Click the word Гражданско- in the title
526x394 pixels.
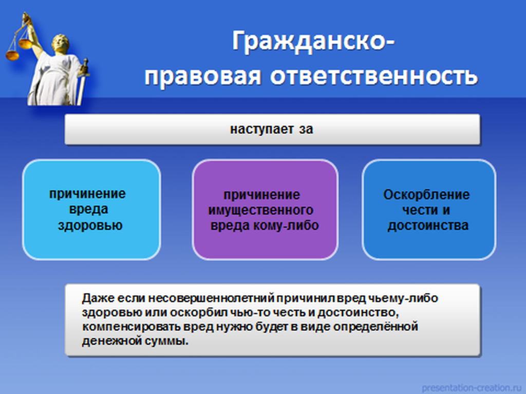313,41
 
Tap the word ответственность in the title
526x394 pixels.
374,76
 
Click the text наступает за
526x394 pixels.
271,129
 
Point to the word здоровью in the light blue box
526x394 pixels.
90,225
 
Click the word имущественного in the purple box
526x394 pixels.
260,210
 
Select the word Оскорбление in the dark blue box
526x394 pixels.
426,194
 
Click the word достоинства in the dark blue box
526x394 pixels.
428,226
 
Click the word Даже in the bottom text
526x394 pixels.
96,298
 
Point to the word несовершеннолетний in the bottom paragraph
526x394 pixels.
211,298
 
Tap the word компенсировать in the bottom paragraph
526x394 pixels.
131,327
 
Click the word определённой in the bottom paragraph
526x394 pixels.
375,327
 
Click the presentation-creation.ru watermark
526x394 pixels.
471,388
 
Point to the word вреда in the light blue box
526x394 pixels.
88,209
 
